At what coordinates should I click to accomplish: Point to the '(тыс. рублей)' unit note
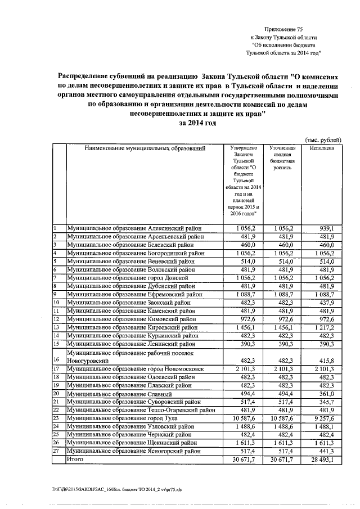pyautogui.click(x=323, y=139)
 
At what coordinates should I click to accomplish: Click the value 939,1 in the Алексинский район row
pyautogui.click(x=327, y=229)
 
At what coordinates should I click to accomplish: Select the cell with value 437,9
pyautogui.click(x=327, y=301)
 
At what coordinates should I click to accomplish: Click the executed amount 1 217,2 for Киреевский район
pyautogui.click(x=325, y=326)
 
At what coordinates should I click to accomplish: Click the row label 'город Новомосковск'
pyautogui.click(x=139, y=369)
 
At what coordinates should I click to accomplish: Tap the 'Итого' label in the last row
pyautogui.click(x=75, y=460)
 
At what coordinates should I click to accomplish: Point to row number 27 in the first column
pyautogui.click(x=56, y=451)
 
